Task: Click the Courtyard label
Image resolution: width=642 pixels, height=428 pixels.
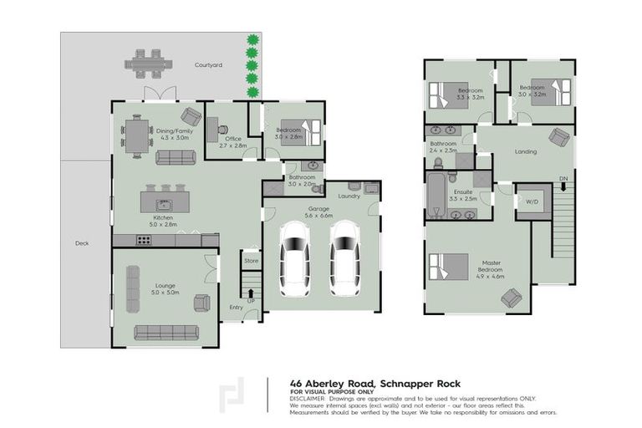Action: (x=208, y=64)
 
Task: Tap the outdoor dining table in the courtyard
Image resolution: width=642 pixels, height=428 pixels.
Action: (x=150, y=63)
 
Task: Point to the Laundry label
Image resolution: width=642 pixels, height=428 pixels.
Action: (x=349, y=196)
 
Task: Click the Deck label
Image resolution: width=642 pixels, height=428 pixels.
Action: (x=81, y=244)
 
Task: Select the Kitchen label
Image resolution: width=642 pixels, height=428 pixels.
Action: (x=163, y=217)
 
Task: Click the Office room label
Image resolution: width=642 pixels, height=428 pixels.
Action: (x=233, y=139)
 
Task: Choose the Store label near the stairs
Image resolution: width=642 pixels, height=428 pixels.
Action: (x=251, y=261)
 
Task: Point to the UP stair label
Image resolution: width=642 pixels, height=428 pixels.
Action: (x=250, y=300)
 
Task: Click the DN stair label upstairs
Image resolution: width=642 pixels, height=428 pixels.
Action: (x=563, y=179)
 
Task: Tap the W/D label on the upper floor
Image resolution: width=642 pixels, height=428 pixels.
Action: (x=532, y=202)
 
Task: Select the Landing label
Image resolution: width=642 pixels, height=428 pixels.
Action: (x=526, y=151)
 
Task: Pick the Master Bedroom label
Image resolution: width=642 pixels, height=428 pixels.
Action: (x=491, y=267)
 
